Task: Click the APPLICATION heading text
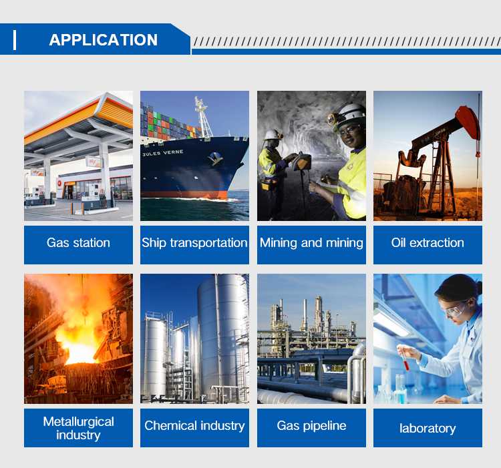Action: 103,40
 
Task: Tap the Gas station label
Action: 78,242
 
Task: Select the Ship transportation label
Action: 194,242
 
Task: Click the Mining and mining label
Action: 311,242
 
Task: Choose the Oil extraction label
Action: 428,242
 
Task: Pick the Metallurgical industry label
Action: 78,428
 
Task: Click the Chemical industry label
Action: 194,425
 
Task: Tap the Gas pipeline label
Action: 311,425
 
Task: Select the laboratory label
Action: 428,428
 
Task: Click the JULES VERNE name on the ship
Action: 163,153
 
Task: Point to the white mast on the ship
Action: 202,117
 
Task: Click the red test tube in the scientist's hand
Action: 405,363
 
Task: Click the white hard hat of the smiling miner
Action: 351,114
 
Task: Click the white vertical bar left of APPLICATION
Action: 15,40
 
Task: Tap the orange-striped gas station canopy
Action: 78,118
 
